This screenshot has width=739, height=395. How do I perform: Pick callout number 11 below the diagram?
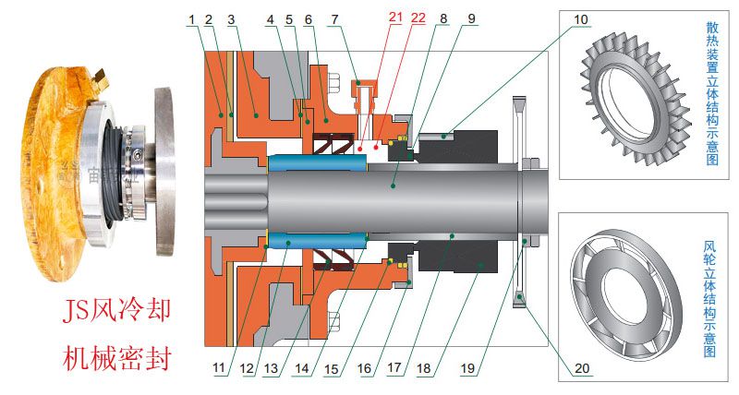[219, 368]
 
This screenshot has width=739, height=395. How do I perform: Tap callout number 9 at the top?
[471, 18]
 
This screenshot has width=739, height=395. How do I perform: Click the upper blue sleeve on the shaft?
[317, 163]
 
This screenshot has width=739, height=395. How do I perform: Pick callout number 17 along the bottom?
[394, 368]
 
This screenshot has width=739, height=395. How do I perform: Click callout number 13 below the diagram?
[273, 368]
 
